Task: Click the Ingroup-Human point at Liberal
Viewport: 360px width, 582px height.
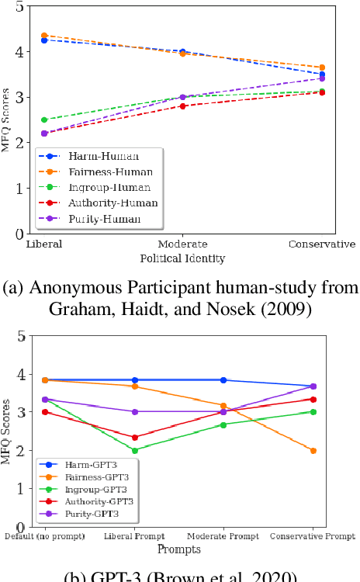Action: [x=43, y=120]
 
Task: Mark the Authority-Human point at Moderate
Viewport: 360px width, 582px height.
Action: [x=182, y=106]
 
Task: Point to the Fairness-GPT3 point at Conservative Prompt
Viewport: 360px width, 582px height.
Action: [x=313, y=450]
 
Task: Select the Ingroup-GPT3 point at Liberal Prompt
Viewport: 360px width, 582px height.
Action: [x=134, y=450]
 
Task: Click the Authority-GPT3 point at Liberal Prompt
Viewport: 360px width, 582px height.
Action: [x=134, y=438]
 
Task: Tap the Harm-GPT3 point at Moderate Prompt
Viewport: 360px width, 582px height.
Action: [x=223, y=380]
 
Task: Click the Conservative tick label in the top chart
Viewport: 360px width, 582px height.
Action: [x=321, y=244]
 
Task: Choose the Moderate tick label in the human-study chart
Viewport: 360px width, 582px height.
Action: [x=182, y=244]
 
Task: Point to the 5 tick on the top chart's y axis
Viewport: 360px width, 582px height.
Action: [x=19, y=7]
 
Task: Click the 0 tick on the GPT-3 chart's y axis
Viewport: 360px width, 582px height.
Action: [x=19, y=526]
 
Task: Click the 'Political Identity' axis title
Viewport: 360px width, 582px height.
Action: [x=182, y=257]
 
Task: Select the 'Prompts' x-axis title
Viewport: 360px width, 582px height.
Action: [x=179, y=550]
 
